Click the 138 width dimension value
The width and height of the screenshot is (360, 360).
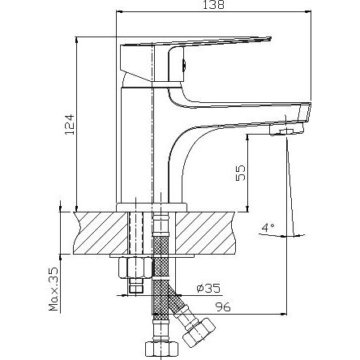pyautogui.click(x=214, y=5)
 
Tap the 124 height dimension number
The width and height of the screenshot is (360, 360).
pyautogui.click(x=69, y=124)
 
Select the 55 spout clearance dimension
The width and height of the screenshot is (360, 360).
pyautogui.click(x=241, y=173)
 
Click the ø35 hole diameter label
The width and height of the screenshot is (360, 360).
pyautogui.click(x=208, y=289)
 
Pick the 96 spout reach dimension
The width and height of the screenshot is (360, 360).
pyautogui.click(x=223, y=307)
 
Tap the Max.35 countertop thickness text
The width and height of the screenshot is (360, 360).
pyautogui.click(x=54, y=289)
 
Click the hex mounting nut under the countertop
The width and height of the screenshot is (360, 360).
pyautogui.click(x=136, y=268)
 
